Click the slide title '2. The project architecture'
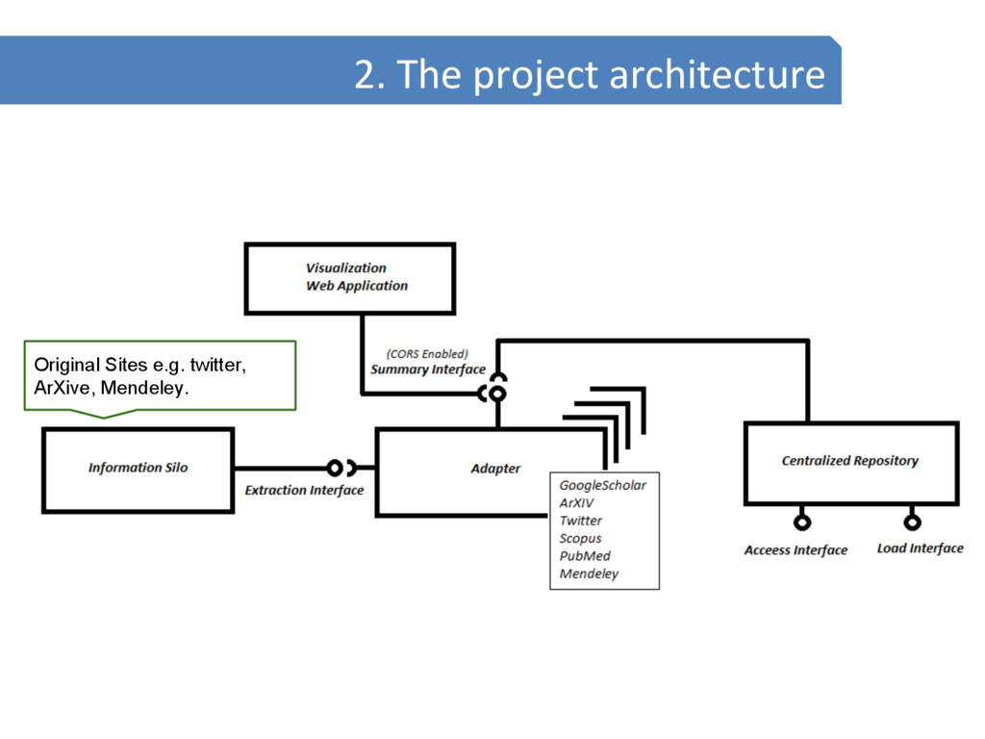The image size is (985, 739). [589, 74]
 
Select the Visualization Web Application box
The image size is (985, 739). [349, 277]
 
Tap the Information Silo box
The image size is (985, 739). [138, 469]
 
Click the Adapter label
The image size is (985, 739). [495, 469]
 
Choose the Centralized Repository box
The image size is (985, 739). [850, 462]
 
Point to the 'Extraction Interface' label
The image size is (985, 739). [304, 491]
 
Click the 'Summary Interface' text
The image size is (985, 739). [427, 369]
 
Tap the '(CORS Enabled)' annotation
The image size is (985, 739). [427, 353]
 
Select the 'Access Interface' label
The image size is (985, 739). [796, 550]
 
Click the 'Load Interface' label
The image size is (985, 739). [920, 548]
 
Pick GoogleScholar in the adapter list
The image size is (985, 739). [603, 485]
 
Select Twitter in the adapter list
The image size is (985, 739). [581, 521]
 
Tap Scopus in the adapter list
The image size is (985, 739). [581, 539]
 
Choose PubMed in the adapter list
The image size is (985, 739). [585, 556]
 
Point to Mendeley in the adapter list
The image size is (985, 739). [590, 574]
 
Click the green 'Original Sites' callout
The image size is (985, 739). [159, 376]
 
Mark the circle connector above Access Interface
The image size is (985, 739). [801, 522]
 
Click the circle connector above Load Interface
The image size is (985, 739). [912, 522]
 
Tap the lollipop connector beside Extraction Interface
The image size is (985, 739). [335, 469]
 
